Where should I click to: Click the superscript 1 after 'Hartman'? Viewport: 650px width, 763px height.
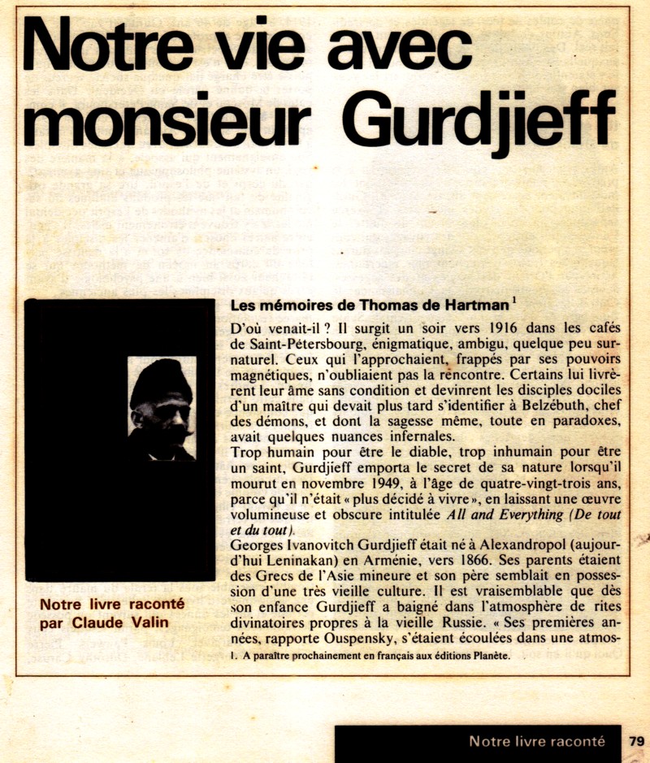[x=514, y=301]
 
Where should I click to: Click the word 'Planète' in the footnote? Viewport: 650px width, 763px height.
[x=488, y=657]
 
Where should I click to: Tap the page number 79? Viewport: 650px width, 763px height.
[x=635, y=741]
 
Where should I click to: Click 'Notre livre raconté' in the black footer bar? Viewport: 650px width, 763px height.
[x=536, y=741]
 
